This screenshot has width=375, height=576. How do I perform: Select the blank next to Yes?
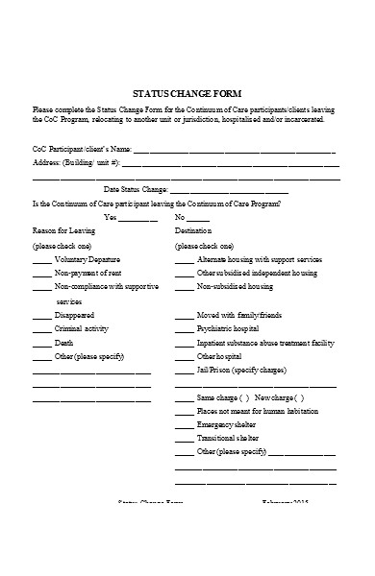[138, 219]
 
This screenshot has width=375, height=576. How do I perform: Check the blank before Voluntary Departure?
[42, 261]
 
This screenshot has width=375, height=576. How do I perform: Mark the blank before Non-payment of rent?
[42, 274]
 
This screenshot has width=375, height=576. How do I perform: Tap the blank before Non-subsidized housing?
[185, 287]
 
